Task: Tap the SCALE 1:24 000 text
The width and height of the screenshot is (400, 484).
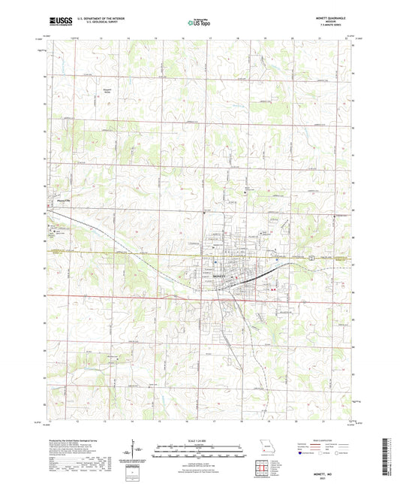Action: pyautogui.click(x=199, y=440)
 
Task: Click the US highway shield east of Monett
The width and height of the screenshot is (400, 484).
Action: pyautogui.click(x=311, y=257)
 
